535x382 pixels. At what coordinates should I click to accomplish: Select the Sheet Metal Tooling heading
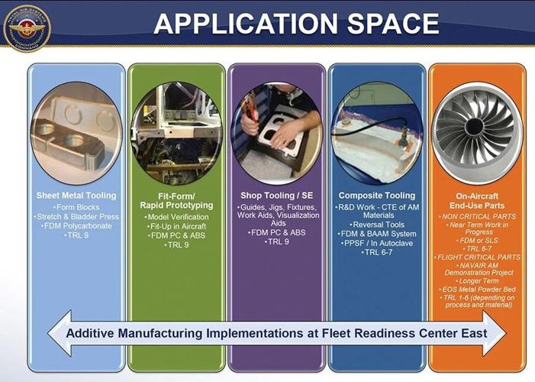click(76, 196)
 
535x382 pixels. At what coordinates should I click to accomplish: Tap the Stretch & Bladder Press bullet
click(76, 217)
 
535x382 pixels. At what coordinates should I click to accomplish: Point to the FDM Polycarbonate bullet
click(76, 227)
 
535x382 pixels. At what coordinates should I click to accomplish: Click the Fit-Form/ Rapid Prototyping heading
click(176, 200)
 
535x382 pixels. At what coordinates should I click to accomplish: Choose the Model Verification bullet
click(176, 216)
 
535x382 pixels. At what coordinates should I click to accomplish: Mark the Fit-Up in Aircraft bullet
click(176, 226)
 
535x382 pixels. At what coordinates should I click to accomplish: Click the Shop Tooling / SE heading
click(276, 196)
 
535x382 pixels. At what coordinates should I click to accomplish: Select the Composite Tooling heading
click(376, 196)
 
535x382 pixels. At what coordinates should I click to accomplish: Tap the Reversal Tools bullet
click(376, 225)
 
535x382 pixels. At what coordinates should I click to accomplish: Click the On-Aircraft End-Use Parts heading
click(477, 200)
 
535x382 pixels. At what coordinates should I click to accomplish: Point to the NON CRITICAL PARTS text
click(477, 217)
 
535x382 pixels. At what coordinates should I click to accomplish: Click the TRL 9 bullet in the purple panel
click(276, 241)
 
